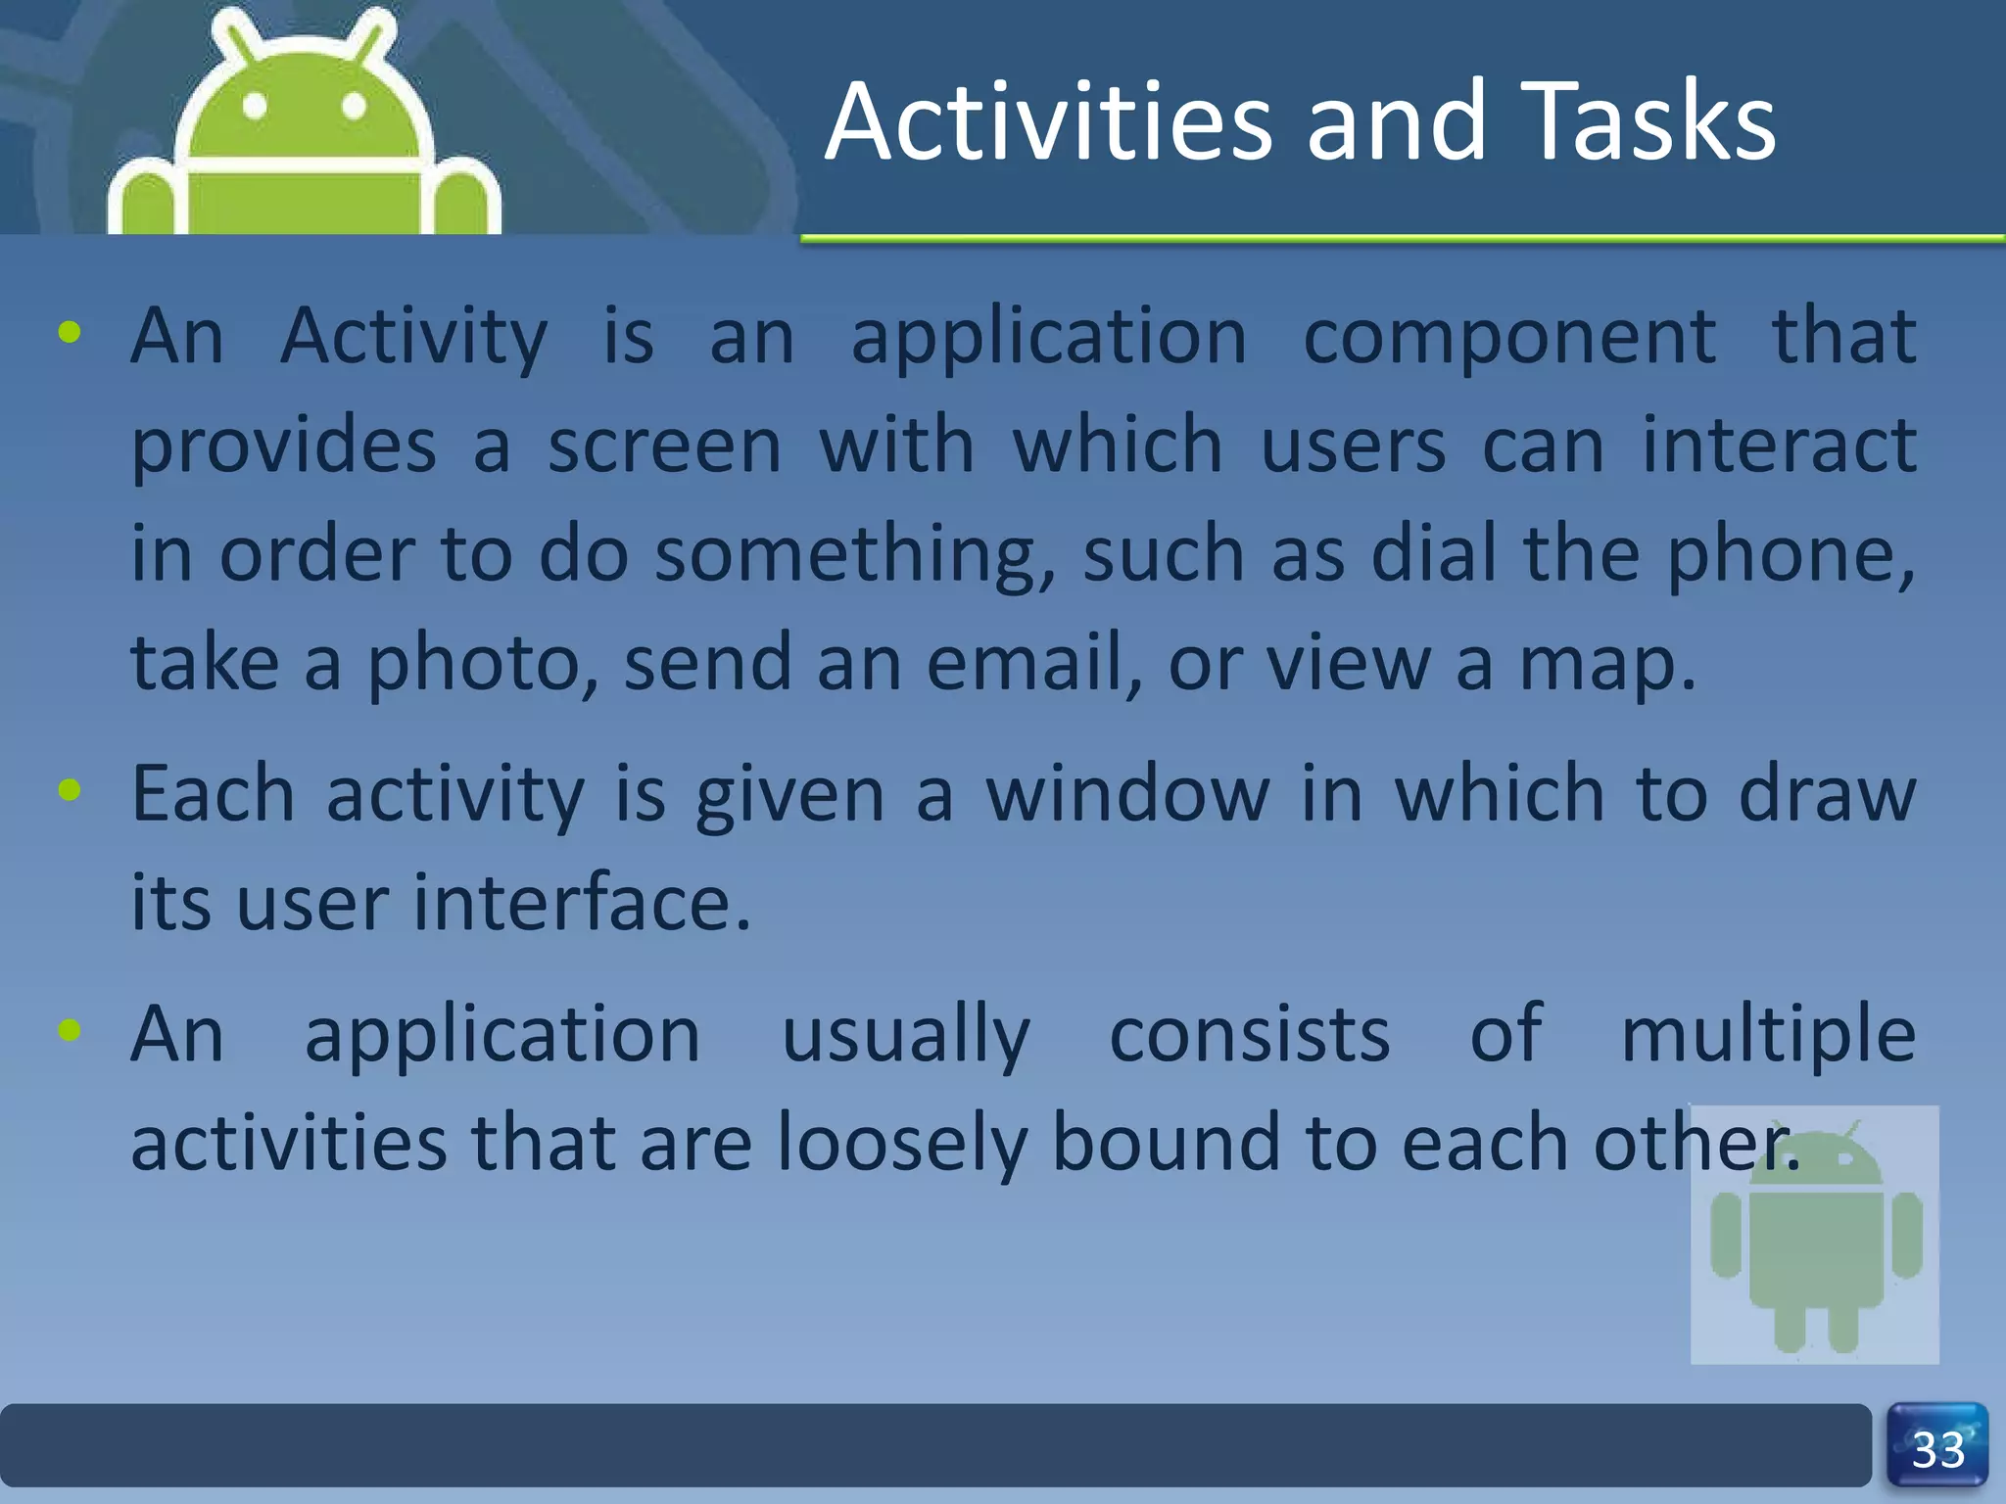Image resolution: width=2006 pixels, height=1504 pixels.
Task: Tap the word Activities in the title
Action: pyautogui.click(x=1048, y=122)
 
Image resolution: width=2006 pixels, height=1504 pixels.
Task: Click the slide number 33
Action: pyautogui.click(x=1937, y=1450)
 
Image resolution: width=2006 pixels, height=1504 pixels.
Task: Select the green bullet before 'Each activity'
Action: pyautogui.click(x=70, y=789)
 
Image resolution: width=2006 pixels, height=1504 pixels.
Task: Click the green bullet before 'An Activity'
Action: pyautogui.click(x=70, y=333)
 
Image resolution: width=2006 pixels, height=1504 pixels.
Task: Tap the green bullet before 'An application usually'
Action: pyautogui.click(x=70, y=1029)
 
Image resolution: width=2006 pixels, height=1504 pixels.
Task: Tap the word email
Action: pyautogui.click(x=1032, y=664)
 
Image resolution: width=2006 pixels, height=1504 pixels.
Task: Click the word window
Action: pyautogui.click(x=1127, y=795)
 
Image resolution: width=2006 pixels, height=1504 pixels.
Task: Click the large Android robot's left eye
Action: pyautogui.click(x=255, y=106)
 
